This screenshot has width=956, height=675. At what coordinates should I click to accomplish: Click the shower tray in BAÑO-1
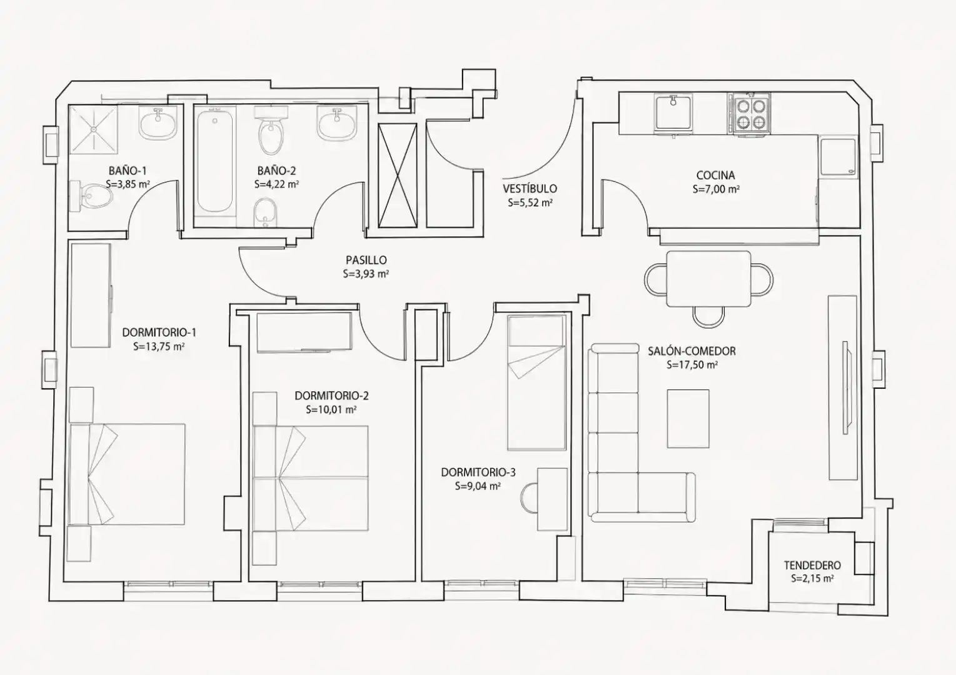click(93, 130)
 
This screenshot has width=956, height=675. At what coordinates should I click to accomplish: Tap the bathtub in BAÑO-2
click(215, 161)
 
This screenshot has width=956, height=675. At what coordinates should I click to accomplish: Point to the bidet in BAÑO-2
click(266, 213)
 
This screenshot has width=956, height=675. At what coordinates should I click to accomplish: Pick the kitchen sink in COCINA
click(674, 112)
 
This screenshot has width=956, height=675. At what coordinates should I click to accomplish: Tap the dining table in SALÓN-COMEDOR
click(708, 279)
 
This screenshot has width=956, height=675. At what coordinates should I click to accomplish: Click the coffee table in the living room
click(688, 419)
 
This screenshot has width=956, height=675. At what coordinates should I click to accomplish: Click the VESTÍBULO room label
click(530, 189)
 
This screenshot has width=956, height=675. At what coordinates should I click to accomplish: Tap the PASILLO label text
click(366, 260)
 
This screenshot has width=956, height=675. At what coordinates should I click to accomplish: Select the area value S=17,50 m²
click(692, 365)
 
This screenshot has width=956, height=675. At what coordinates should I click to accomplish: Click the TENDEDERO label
click(812, 566)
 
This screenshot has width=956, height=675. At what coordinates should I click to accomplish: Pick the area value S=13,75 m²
click(159, 346)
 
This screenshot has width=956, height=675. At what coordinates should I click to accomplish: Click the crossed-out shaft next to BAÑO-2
click(397, 177)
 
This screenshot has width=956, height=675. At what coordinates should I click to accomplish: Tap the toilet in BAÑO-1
click(91, 196)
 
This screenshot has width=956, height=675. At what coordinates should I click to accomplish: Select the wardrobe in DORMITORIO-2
click(304, 332)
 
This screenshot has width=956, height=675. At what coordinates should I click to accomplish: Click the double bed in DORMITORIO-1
click(127, 474)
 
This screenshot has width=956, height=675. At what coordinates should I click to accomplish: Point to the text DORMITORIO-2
click(331, 396)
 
